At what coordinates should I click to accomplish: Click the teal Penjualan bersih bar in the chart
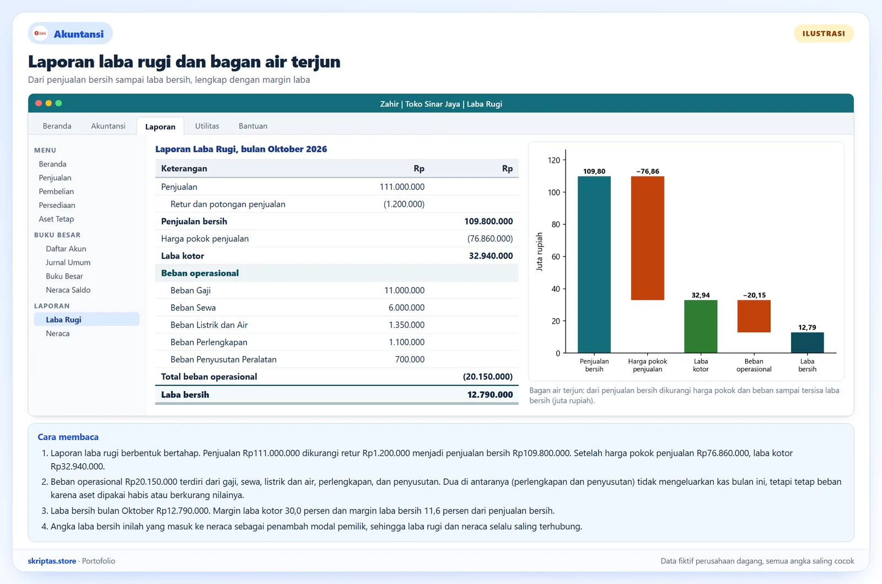coord(594,264)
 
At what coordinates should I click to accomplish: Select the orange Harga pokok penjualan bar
coord(647,238)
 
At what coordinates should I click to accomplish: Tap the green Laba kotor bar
coord(701,326)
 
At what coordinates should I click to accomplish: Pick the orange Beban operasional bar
coord(754,316)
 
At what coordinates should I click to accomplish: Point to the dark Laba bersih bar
coord(807,342)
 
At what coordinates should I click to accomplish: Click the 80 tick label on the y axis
coord(556,224)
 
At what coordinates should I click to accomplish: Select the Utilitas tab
coord(207,126)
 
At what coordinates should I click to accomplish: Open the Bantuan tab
coord(253,126)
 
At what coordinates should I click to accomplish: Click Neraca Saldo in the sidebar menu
coord(68,290)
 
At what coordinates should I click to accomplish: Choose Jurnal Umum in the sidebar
coord(68,262)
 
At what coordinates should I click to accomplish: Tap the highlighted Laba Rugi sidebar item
coord(87,319)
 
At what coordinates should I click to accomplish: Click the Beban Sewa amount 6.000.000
coord(406,308)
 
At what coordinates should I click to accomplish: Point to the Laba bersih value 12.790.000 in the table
coord(490,395)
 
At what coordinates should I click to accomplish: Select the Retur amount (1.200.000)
coord(404,204)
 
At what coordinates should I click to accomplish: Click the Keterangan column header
coord(184,169)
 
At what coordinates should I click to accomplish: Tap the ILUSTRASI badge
coord(824,34)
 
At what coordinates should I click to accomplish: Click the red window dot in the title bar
coord(39,103)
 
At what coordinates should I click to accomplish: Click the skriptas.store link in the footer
coord(52,561)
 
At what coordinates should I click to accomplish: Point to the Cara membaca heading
coord(68,437)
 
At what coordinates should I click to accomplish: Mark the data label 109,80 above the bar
coord(594,172)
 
